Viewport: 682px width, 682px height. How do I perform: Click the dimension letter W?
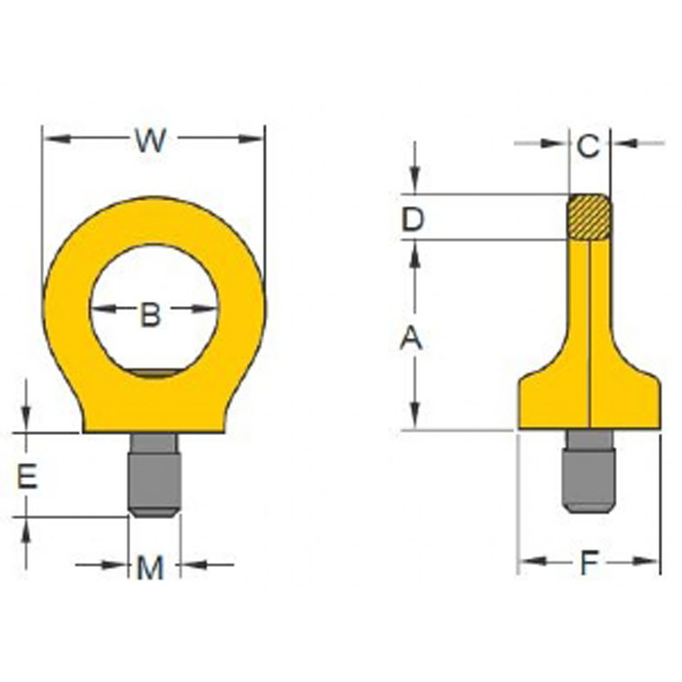click(x=151, y=140)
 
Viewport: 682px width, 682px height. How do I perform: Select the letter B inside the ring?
click(x=151, y=315)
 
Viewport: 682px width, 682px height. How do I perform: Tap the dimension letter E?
click(x=28, y=476)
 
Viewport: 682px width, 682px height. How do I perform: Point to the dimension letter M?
click(x=151, y=568)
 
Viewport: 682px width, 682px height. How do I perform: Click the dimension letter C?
click(x=588, y=146)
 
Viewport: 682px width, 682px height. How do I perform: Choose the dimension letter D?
click(x=412, y=219)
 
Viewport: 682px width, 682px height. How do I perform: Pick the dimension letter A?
click(x=411, y=339)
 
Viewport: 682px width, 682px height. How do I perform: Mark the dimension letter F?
click(x=589, y=564)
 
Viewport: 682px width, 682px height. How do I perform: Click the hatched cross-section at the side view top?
click(x=589, y=216)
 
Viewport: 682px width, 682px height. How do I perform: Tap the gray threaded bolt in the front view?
click(x=155, y=477)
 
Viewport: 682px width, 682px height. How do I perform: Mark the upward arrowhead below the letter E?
click(x=26, y=527)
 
